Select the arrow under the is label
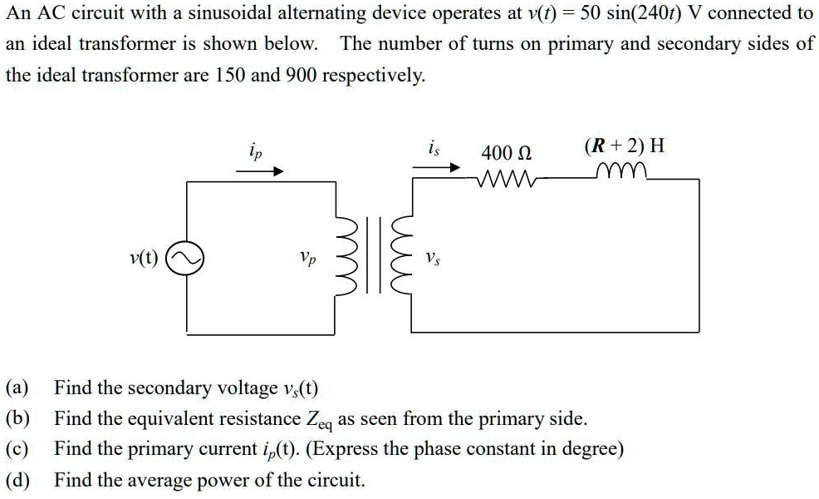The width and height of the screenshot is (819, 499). pyautogui.click(x=437, y=167)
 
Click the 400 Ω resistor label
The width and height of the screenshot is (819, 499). pyautogui.click(x=507, y=153)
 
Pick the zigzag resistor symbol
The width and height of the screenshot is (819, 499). pyautogui.click(x=508, y=178)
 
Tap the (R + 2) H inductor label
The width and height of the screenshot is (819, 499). pyautogui.click(x=624, y=146)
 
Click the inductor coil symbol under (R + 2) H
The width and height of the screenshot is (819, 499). pyautogui.click(x=625, y=173)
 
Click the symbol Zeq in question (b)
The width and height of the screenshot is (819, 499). pyautogui.click(x=319, y=420)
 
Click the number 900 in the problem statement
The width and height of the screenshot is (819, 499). pyautogui.click(x=300, y=75)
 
